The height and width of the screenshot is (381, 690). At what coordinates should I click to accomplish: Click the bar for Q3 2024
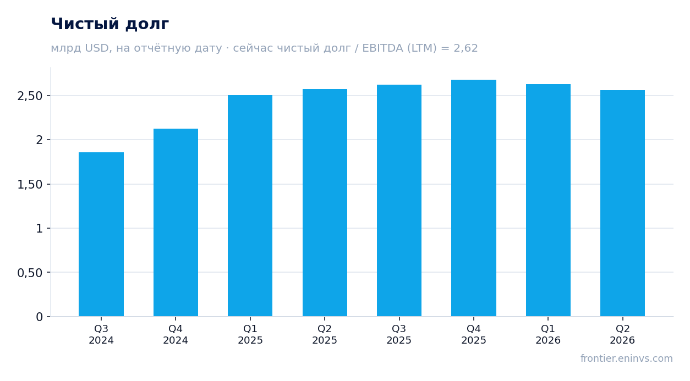coord(101,234)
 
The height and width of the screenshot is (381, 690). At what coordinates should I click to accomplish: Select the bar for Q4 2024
coord(176,223)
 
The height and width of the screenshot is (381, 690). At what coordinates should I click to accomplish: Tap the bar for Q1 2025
coord(250,206)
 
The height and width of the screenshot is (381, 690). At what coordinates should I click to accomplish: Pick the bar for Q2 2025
coord(325,202)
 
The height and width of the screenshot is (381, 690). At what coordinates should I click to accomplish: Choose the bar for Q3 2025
coord(399,200)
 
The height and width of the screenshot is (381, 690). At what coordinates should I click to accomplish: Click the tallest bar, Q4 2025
coord(474,198)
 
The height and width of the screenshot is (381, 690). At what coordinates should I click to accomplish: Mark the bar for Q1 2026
coord(548,200)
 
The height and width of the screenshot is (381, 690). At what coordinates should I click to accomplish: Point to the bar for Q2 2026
coord(622,203)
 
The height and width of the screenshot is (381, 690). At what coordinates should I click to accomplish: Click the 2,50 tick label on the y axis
coord(30,96)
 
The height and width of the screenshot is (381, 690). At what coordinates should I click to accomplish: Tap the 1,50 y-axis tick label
coord(30,185)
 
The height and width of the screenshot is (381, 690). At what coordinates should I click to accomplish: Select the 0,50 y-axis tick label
coord(30,273)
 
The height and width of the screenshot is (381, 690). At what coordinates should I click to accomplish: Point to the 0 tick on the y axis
coord(39,317)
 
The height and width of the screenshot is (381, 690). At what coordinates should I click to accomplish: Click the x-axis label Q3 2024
coord(101,334)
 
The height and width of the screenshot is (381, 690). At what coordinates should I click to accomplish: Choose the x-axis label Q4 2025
coord(474,334)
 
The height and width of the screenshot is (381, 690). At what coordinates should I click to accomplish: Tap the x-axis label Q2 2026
coord(622,334)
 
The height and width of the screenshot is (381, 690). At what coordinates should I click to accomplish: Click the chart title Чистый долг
coord(110,24)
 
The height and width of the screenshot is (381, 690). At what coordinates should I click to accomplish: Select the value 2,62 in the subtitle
coord(466,48)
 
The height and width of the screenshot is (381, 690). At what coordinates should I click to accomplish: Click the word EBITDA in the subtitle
coord(383,48)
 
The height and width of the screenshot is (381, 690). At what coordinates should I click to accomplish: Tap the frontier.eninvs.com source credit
coord(627,358)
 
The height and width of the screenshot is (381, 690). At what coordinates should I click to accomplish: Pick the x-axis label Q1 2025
coord(250,334)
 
